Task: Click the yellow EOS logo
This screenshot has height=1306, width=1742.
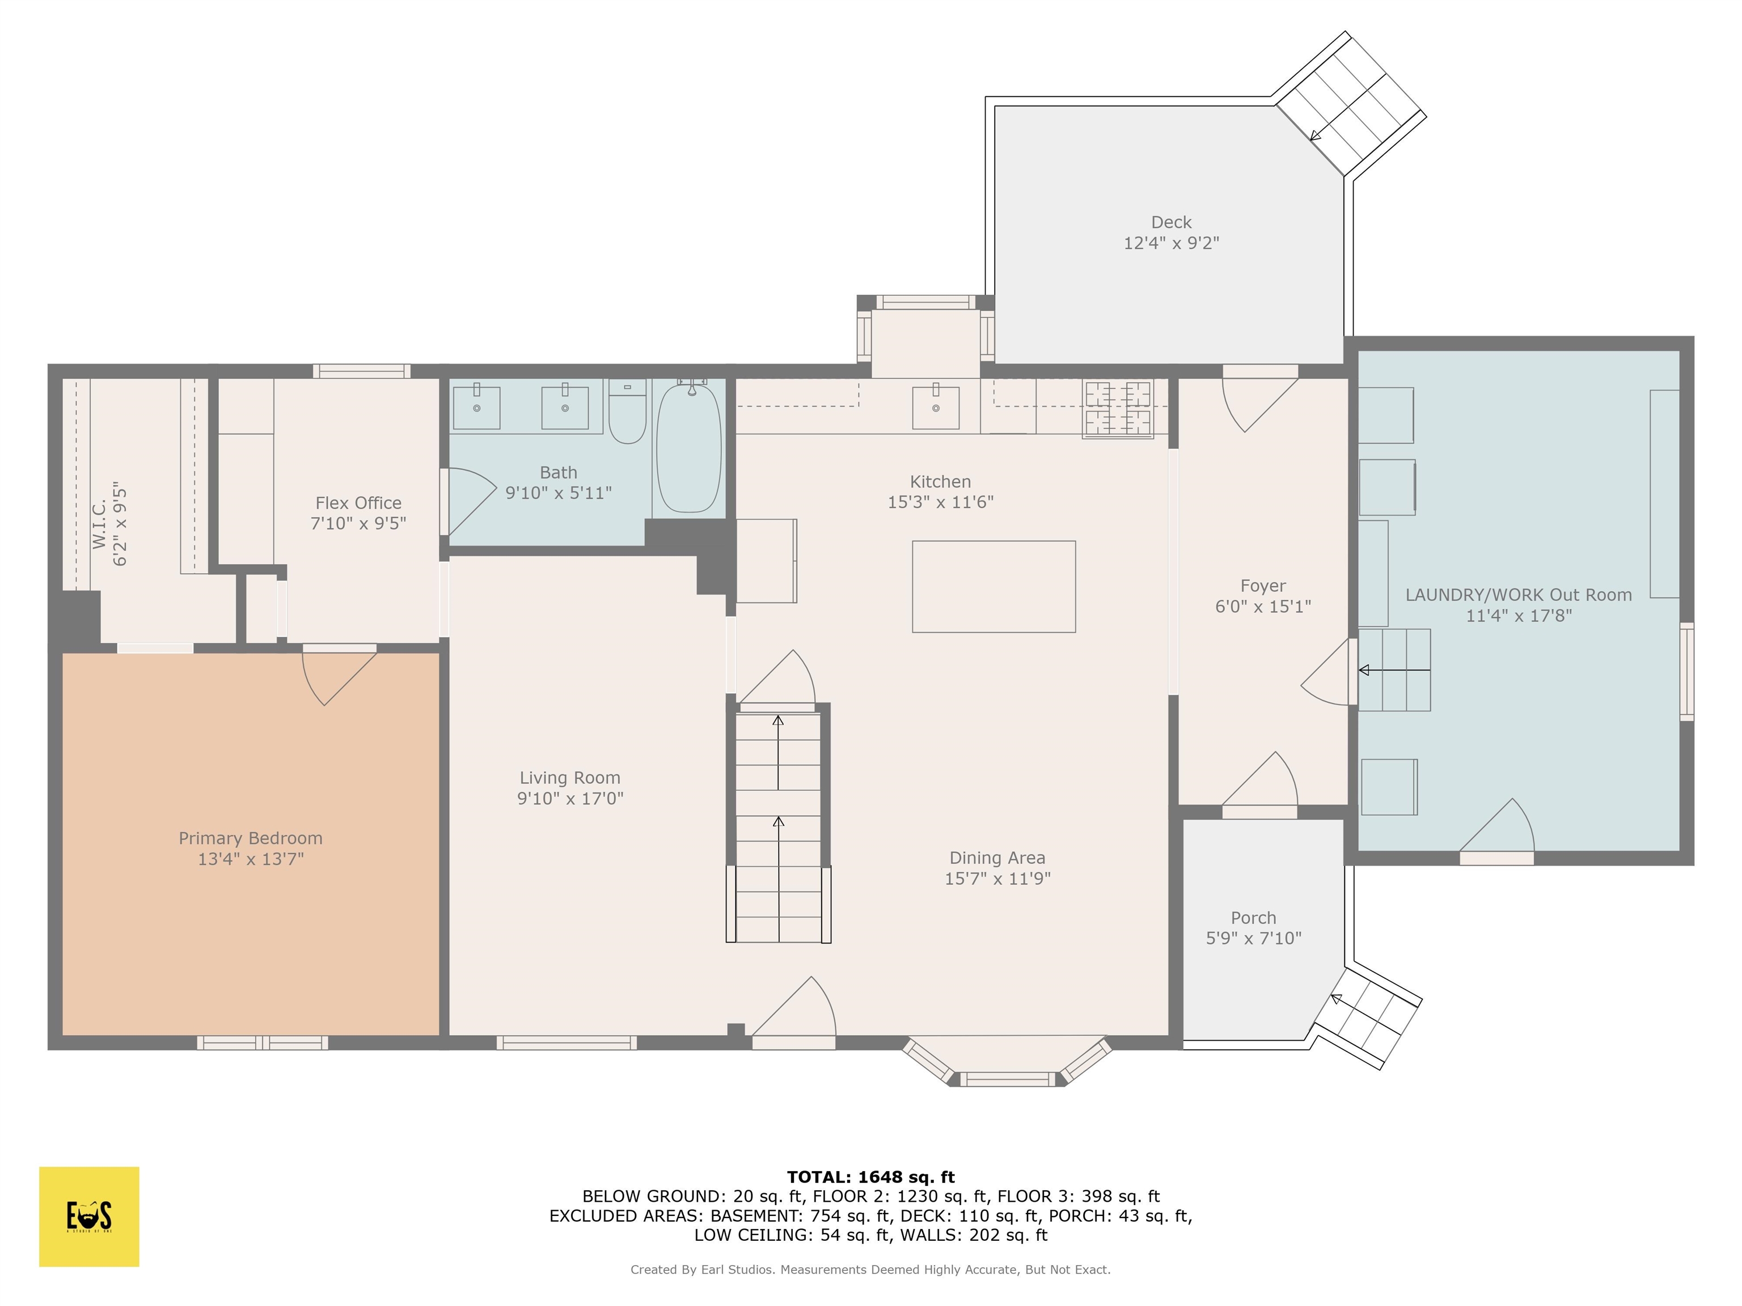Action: tap(89, 1216)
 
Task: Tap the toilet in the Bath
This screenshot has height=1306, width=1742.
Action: tap(628, 411)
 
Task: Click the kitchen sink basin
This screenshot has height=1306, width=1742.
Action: tap(936, 407)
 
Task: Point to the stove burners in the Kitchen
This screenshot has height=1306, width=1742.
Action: tap(1118, 408)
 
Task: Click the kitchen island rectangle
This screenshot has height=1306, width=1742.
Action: tap(994, 587)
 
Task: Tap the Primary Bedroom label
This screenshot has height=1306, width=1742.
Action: tap(251, 838)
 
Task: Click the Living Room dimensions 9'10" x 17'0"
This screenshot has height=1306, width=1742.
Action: tap(570, 798)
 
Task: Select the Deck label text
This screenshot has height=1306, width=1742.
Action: tap(1171, 222)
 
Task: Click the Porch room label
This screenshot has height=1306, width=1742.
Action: tap(1253, 918)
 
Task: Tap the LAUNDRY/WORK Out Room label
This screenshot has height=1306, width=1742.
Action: tap(1519, 595)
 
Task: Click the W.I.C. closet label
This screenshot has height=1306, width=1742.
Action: tap(99, 524)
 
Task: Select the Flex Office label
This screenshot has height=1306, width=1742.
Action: tap(358, 503)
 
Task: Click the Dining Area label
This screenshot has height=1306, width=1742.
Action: tap(997, 858)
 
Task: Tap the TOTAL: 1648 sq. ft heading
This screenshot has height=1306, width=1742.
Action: tap(870, 1177)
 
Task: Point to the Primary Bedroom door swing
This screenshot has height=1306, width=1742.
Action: tap(340, 677)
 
